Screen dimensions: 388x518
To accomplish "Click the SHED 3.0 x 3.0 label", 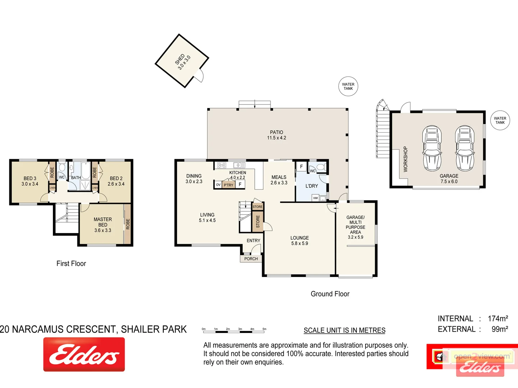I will [x=183, y=62].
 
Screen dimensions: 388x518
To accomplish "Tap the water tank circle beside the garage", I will [x=500, y=120].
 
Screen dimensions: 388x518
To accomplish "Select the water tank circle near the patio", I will [x=348, y=87].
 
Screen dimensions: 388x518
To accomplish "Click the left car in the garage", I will [x=432, y=148].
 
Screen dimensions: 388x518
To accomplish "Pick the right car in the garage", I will [x=465, y=148].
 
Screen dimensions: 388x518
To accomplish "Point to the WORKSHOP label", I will [x=405, y=159].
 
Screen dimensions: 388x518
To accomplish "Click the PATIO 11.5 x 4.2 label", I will [x=276, y=135].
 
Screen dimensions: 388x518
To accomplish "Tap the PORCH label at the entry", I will [x=251, y=259].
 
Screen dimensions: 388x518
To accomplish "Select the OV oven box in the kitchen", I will [x=218, y=185].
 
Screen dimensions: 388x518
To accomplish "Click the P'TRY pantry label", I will [x=228, y=185].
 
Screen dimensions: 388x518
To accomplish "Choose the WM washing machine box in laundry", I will [x=315, y=198].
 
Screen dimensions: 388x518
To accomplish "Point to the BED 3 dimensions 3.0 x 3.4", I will [x=30, y=184].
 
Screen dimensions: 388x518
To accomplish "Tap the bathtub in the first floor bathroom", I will [x=86, y=171].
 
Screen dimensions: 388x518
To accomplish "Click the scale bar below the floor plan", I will [x=234, y=329].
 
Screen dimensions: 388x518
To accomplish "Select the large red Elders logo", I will [x=84, y=355].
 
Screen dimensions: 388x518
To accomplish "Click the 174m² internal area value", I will [x=497, y=319].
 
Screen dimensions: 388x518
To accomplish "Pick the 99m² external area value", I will [x=500, y=329].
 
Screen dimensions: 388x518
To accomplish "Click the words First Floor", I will [x=71, y=264].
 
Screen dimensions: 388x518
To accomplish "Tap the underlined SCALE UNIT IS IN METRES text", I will [x=344, y=331].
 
